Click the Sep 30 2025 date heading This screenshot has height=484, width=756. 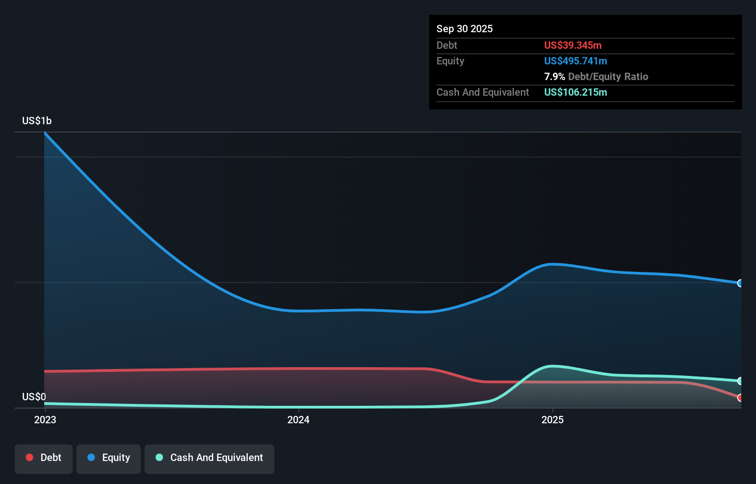464,29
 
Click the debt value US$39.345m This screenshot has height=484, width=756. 572,45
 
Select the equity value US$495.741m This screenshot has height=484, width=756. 575,61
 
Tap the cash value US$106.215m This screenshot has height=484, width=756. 575,92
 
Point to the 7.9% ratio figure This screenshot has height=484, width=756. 554,76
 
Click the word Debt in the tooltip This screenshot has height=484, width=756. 447,45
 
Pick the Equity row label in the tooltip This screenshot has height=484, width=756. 450,61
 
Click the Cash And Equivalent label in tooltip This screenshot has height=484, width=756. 483,92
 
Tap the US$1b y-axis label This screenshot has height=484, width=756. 37,121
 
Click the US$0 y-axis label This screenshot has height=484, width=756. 34,397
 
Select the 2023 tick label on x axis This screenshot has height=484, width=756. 45,420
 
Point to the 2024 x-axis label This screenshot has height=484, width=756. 298,420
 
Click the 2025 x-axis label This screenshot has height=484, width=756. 552,420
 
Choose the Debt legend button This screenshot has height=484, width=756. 44,457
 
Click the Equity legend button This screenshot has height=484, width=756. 109,457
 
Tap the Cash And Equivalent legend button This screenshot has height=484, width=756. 209,457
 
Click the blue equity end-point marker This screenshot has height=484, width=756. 740,283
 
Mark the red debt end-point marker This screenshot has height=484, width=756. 740,398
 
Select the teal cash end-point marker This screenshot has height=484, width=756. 740,381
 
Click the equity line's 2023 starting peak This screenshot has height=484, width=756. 45,133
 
